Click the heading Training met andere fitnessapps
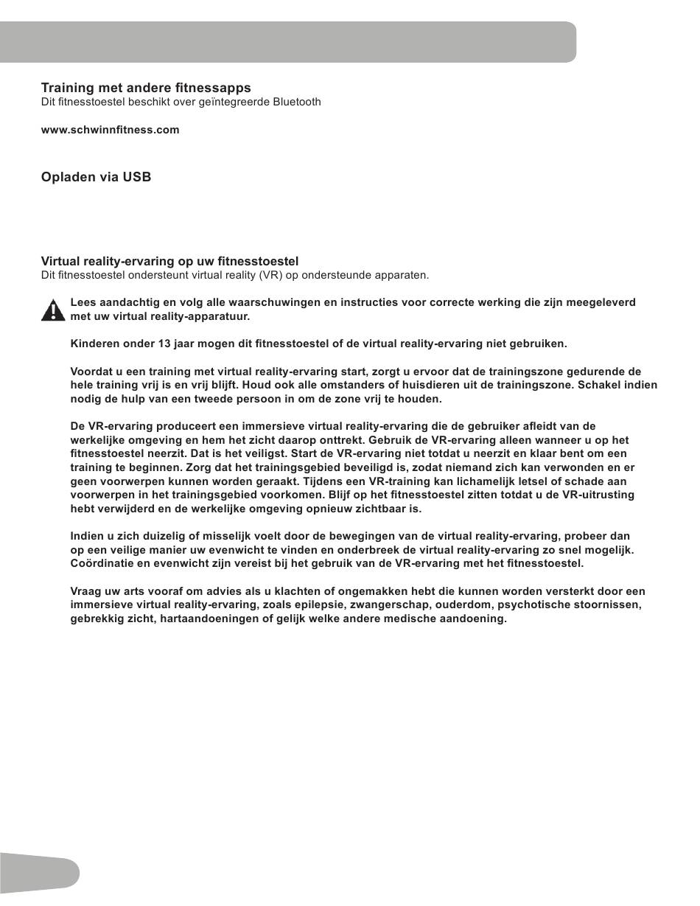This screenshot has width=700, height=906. (146, 88)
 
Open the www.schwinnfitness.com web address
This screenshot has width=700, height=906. (110, 130)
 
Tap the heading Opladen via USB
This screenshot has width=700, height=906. (96, 177)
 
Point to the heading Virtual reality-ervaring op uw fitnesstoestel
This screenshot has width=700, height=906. (169, 261)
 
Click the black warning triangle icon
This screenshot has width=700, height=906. (53, 310)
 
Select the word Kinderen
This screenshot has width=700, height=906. (95, 344)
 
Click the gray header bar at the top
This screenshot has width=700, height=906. (287, 42)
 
